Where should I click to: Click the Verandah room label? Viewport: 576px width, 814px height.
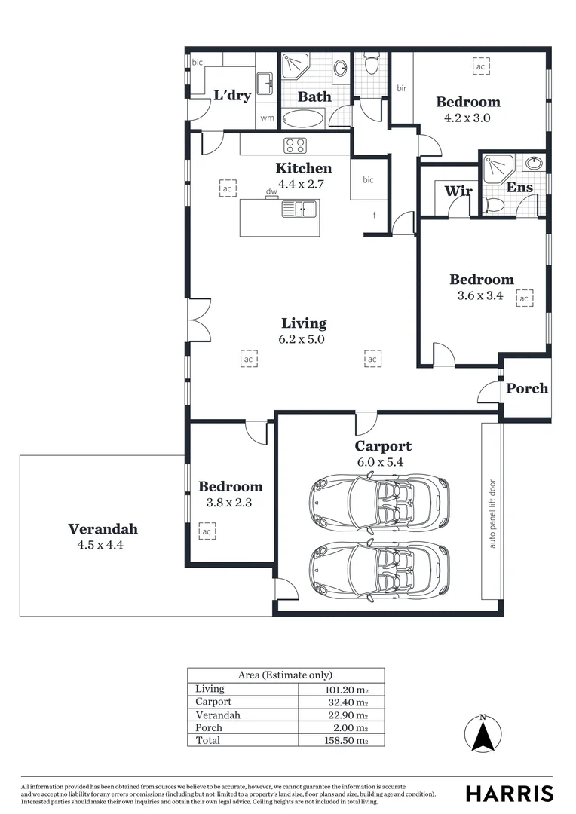coord(103,528)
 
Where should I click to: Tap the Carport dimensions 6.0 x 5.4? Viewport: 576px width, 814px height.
coord(384,462)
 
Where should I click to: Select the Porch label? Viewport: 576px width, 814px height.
coord(527,389)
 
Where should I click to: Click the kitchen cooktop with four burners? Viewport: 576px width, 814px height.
coord(294,145)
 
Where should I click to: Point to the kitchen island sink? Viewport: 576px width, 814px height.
coord(299,209)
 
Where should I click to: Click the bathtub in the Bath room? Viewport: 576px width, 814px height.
coord(303,119)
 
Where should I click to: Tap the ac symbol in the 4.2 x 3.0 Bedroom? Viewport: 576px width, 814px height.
coord(479,67)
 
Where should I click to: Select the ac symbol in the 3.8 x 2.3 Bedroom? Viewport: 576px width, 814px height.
coord(206,532)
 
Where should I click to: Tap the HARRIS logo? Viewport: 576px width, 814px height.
coord(509,794)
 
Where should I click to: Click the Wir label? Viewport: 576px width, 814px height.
coord(458,191)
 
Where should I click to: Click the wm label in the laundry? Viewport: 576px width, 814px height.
coord(266,118)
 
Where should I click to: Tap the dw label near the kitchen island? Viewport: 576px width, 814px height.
coord(271,191)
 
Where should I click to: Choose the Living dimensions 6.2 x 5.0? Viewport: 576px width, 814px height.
coord(304,339)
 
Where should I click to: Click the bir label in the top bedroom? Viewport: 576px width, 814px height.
coord(401,88)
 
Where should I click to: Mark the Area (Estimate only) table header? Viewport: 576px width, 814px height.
coord(285,675)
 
